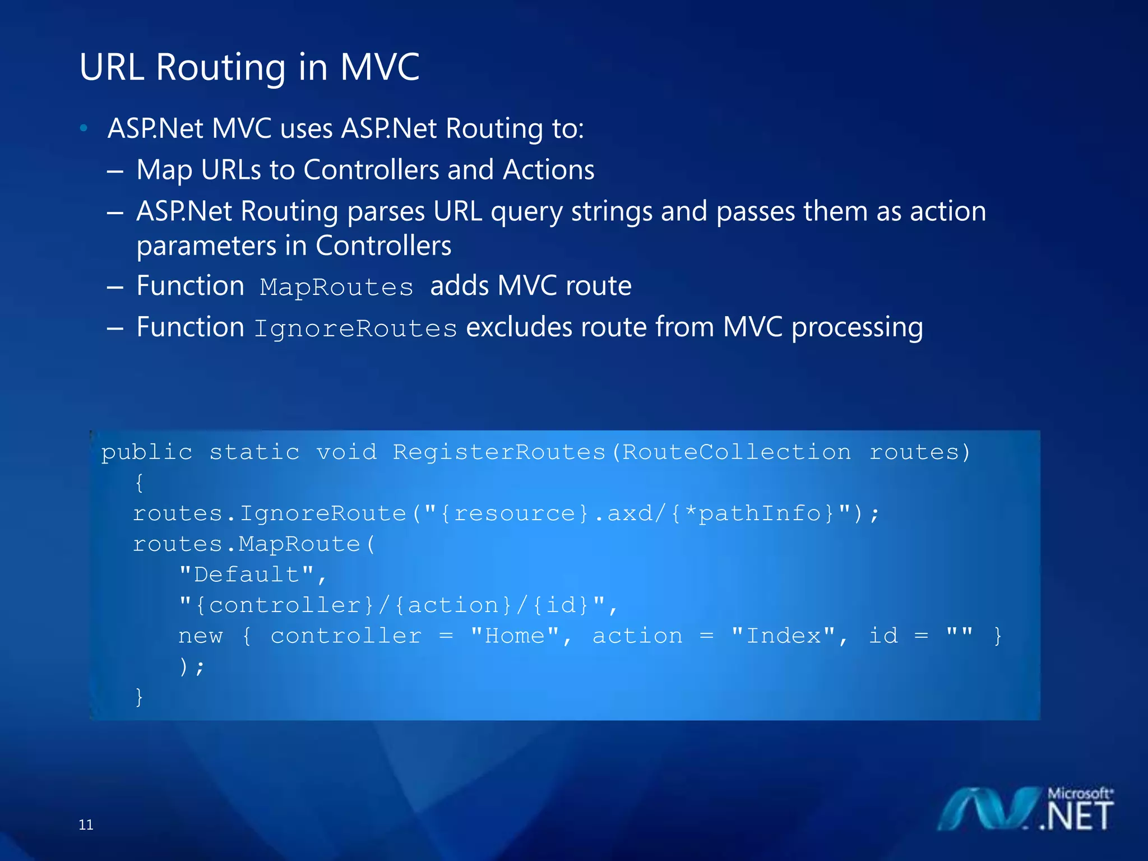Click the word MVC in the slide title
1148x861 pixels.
coord(379,67)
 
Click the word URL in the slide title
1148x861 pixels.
coord(112,67)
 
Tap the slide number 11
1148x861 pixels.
coord(86,825)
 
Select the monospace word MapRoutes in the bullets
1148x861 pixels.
coord(336,288)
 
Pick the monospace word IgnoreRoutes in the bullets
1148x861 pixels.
coord(355,328)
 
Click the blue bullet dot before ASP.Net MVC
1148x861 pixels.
coord(84,128)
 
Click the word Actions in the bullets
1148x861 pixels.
coord(548,170)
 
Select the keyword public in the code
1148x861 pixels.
coord(147,452)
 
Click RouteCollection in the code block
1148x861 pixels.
coord(737,452)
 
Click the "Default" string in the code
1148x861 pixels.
coord(247,575)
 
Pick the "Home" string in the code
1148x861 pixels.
coord(515,636)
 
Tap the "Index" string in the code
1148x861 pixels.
coord(783,636)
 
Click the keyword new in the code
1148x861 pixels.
coord(201,636)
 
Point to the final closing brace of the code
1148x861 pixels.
coord(139,697)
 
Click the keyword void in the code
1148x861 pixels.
coord(346,452)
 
